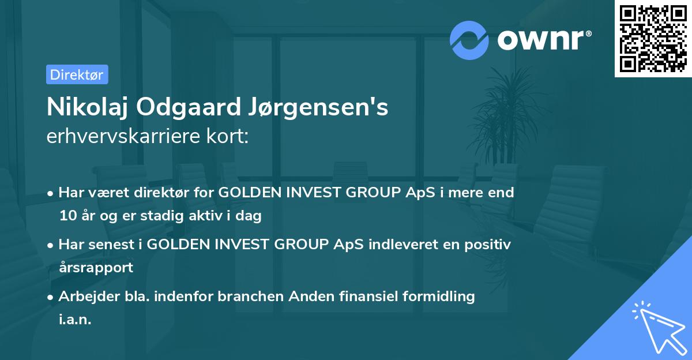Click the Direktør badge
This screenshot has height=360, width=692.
point(77,74)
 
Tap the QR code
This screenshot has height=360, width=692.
point(652,39)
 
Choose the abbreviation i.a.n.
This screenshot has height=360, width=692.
point(75,319)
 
